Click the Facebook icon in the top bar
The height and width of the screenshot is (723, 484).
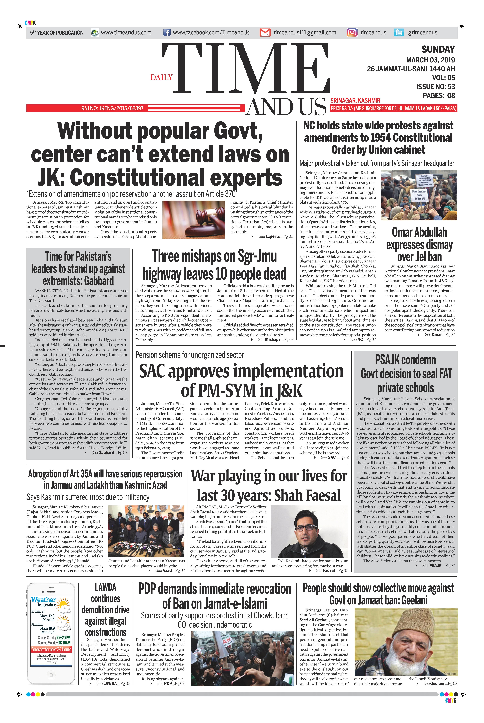167,32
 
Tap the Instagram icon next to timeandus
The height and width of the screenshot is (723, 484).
352,32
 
